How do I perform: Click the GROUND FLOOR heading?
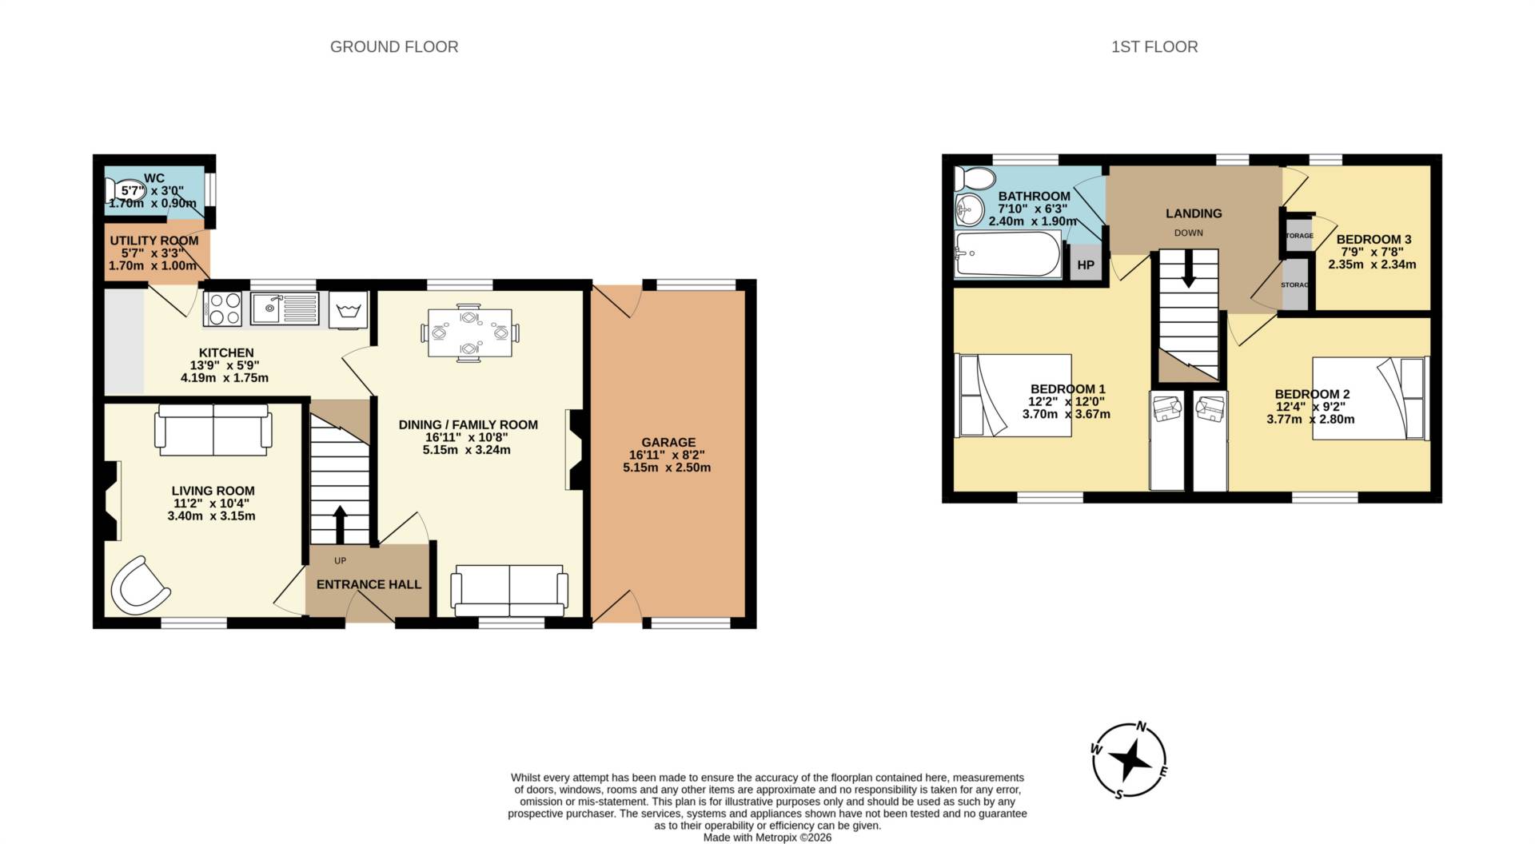click(394, 47)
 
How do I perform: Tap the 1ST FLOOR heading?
click(1154, 47)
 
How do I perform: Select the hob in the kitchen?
click(223, 309)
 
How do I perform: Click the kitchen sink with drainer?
click(284, 308)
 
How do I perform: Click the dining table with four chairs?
click(469, 332)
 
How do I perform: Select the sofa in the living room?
click(213, 430)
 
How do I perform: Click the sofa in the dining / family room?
click(509, 591)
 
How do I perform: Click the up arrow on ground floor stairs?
click(340, 524)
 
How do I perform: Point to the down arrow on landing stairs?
click(1189, 269)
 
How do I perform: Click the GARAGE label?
click(668, 442)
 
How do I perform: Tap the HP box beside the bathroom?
click(1085, 265)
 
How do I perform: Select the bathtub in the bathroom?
click(1008, 254)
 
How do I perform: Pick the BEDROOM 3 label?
click(1373, 239)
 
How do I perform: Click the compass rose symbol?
click(1129, 760)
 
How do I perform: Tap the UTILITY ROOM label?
click(153, 241)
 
